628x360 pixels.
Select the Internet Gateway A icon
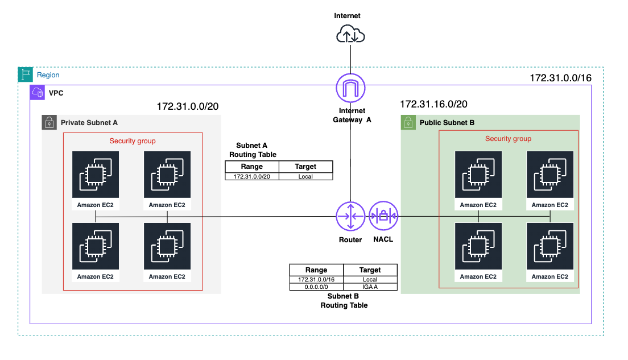[x=350, y=88]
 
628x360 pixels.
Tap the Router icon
[x=350, y=216]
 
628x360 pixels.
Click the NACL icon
[x=383, y=216]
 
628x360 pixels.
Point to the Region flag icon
[x=26, y=75]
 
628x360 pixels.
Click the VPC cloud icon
[x=37, y=93]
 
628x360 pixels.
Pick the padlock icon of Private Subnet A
[x=49, y=122]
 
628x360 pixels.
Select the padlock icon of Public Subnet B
[x=408, y=122]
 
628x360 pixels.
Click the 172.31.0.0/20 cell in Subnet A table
[x=252, y=177]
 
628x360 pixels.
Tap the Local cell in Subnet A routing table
[x=305, y=177]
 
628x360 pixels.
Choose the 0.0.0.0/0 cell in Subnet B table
[x=316, y=287]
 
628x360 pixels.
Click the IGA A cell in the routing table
[x=370, y=287]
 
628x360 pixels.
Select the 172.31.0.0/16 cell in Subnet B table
[x=316, y=279]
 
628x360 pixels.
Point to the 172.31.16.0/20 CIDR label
[x=434, y=104]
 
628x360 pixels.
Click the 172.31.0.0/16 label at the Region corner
[x=561, y=78]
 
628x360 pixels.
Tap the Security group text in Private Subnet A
[x=133, y=141]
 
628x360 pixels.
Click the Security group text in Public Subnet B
[x=508, y=139]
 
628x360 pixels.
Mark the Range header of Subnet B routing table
[x=316, y=270]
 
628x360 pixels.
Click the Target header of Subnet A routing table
[x=305, y=167]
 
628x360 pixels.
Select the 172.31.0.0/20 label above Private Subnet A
[x=188, y=106]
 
